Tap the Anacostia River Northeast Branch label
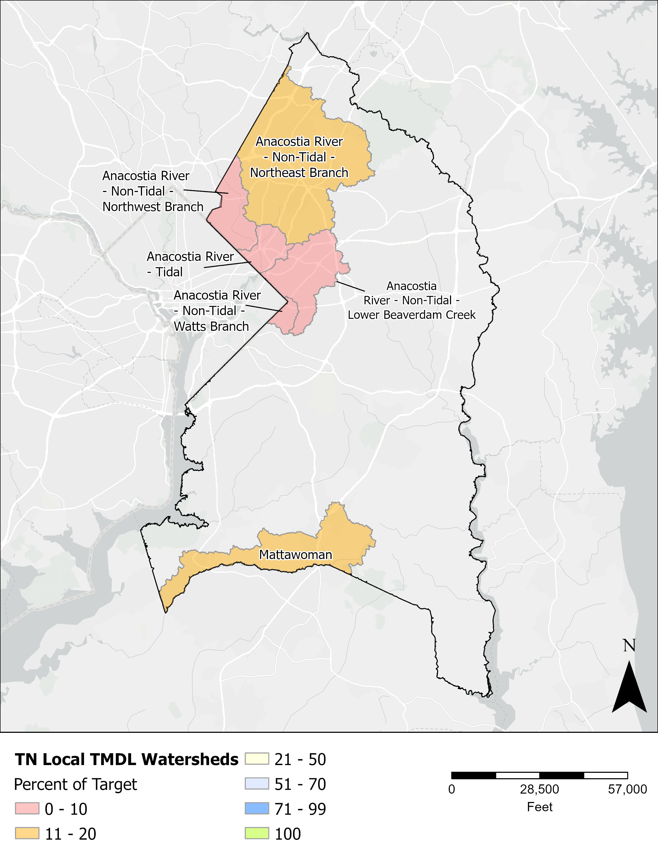299,157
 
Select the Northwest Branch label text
153,191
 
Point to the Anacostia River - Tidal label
190,264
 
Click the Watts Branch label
217,311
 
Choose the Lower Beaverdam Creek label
411,300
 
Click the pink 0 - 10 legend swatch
27,809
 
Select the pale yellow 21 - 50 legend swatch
257,759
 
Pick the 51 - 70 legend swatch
257,784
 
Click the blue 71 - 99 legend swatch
257,809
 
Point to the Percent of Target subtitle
76,784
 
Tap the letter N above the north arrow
629,645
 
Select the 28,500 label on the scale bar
539,789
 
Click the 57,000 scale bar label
627,789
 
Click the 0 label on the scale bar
452,789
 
